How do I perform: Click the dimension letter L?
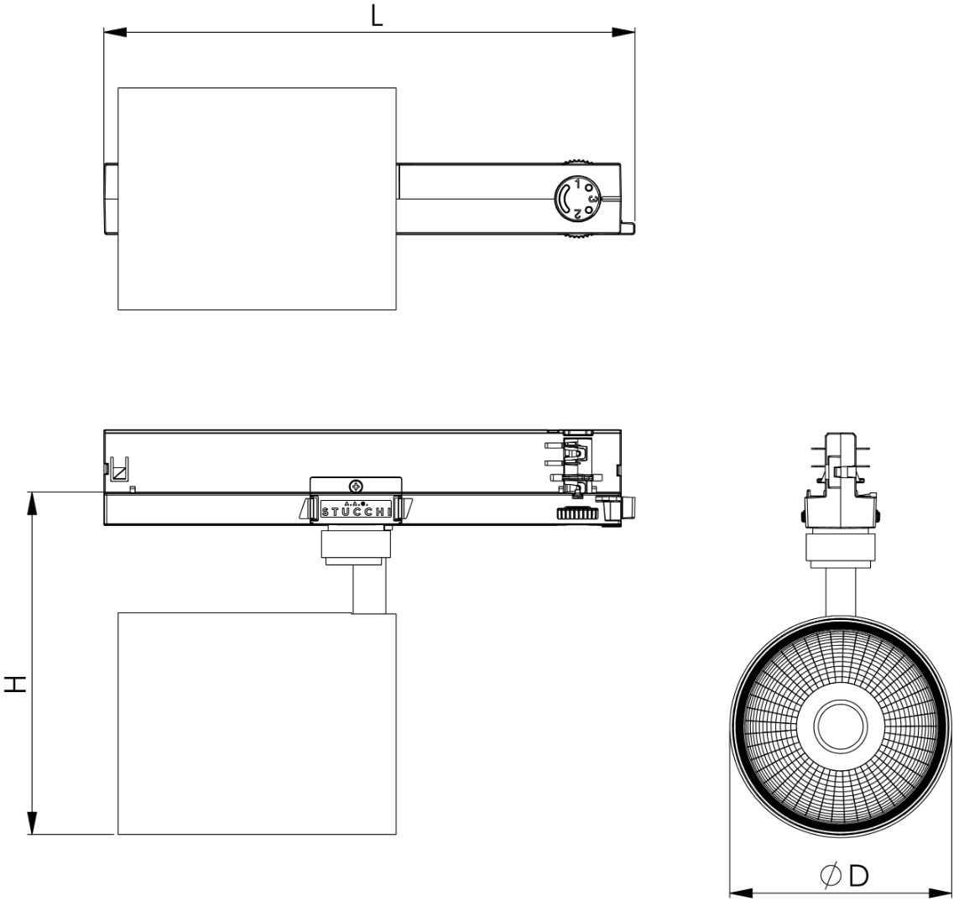tap(378, 16)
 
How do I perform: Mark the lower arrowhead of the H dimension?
tap(32, 823)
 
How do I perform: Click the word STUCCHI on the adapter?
tap(356, 509)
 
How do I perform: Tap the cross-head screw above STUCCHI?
tap(357, 486)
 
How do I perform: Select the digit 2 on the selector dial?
tap(577, 215)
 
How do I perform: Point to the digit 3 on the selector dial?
tap(592, 200)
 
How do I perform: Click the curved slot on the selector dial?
tap(566, 199)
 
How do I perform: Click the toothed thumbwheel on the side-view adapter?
tap(576, 513)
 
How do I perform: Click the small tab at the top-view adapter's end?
tap(628, 227)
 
